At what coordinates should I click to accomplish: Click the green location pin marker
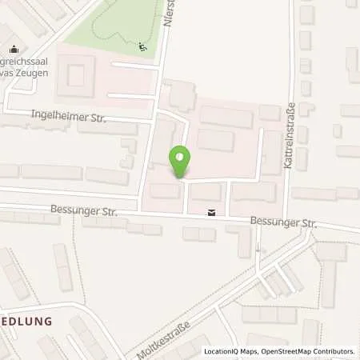pyautogui.click(x=181, y=161)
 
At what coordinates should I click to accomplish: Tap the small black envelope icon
pyautogui.click(x=211, y=212)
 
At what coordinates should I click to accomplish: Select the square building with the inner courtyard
pyautogui.click(x=75, y=78)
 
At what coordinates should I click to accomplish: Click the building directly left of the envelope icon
pyautogui.click(x=165, y=190)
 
